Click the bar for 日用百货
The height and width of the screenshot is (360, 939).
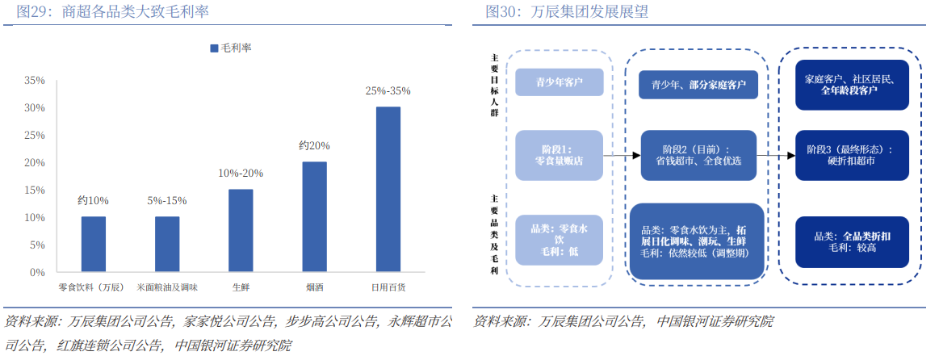[388, 189]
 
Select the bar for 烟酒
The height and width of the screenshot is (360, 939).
[315, 216]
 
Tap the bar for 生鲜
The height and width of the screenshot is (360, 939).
[241, 230]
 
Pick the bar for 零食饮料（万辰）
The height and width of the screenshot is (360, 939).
[94, 244]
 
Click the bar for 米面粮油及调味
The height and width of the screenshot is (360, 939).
[167, 244]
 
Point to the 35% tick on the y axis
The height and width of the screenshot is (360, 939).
[35, 81]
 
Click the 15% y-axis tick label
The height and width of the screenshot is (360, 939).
[35, 190]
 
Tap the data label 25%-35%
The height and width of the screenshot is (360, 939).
[388, 91]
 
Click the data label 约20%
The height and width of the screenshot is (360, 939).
[315, 146]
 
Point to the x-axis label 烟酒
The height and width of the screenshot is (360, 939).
[315, 287]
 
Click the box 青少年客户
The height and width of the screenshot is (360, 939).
[560, 82]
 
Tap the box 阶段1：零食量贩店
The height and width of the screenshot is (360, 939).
[560, 155]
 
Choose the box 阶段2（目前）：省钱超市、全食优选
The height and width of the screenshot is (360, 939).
[698, 155]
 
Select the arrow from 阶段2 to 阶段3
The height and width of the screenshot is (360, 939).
[776, 156]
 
